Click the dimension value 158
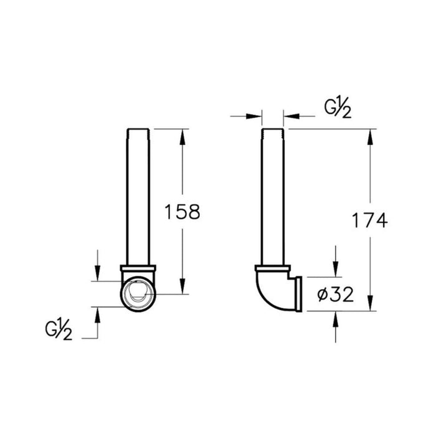point(181,212)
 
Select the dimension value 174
point(369,220)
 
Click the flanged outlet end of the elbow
point(298,294)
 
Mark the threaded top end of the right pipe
point(273,132)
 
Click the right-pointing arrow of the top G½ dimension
point(255,115)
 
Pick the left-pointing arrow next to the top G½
point(290,115)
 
